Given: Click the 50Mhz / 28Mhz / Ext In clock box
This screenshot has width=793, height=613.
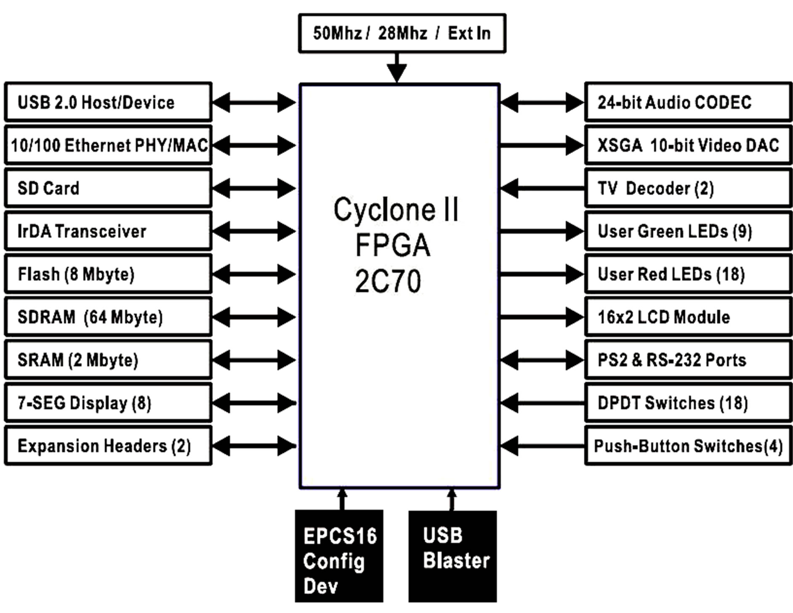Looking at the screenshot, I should [x=402, y=33].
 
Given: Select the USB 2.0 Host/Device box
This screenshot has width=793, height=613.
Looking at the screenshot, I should [x=108, y=102].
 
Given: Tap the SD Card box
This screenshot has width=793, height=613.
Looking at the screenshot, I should [x=108, y=188].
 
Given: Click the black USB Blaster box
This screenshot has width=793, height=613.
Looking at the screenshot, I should [x=452, y=556].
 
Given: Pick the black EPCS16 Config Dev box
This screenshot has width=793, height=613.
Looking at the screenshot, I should [x=339, y=556].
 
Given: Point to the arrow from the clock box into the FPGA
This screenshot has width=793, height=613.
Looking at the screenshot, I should [x=396, y=67].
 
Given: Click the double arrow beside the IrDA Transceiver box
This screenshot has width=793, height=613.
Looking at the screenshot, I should [x=254, y=231].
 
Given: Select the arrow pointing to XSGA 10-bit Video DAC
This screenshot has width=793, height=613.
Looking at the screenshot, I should [x=542, y=145].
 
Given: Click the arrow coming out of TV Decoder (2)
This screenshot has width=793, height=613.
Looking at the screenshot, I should [x=542, y=188].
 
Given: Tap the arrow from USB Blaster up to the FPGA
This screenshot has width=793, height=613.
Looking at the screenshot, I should [x=452, y=500].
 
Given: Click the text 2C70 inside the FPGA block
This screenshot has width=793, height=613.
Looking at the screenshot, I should [x=388, y=281].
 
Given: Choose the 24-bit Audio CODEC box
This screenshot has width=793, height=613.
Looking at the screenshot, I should [x=688, y=102].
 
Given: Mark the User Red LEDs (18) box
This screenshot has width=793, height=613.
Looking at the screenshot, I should [x=688, y=274].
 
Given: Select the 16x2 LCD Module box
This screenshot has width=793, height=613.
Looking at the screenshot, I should [x=688, y=317].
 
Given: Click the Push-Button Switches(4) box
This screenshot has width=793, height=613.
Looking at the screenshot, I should [x=688, y=446].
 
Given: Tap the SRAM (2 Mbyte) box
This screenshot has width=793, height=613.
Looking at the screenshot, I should [x=108, y=360].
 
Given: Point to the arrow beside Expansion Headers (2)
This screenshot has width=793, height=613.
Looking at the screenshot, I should [x=254, y=446].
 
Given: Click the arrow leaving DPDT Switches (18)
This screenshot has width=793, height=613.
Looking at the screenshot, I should [x=542, y=403].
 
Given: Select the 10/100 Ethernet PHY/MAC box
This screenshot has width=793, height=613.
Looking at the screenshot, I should [x=108, y=145].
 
